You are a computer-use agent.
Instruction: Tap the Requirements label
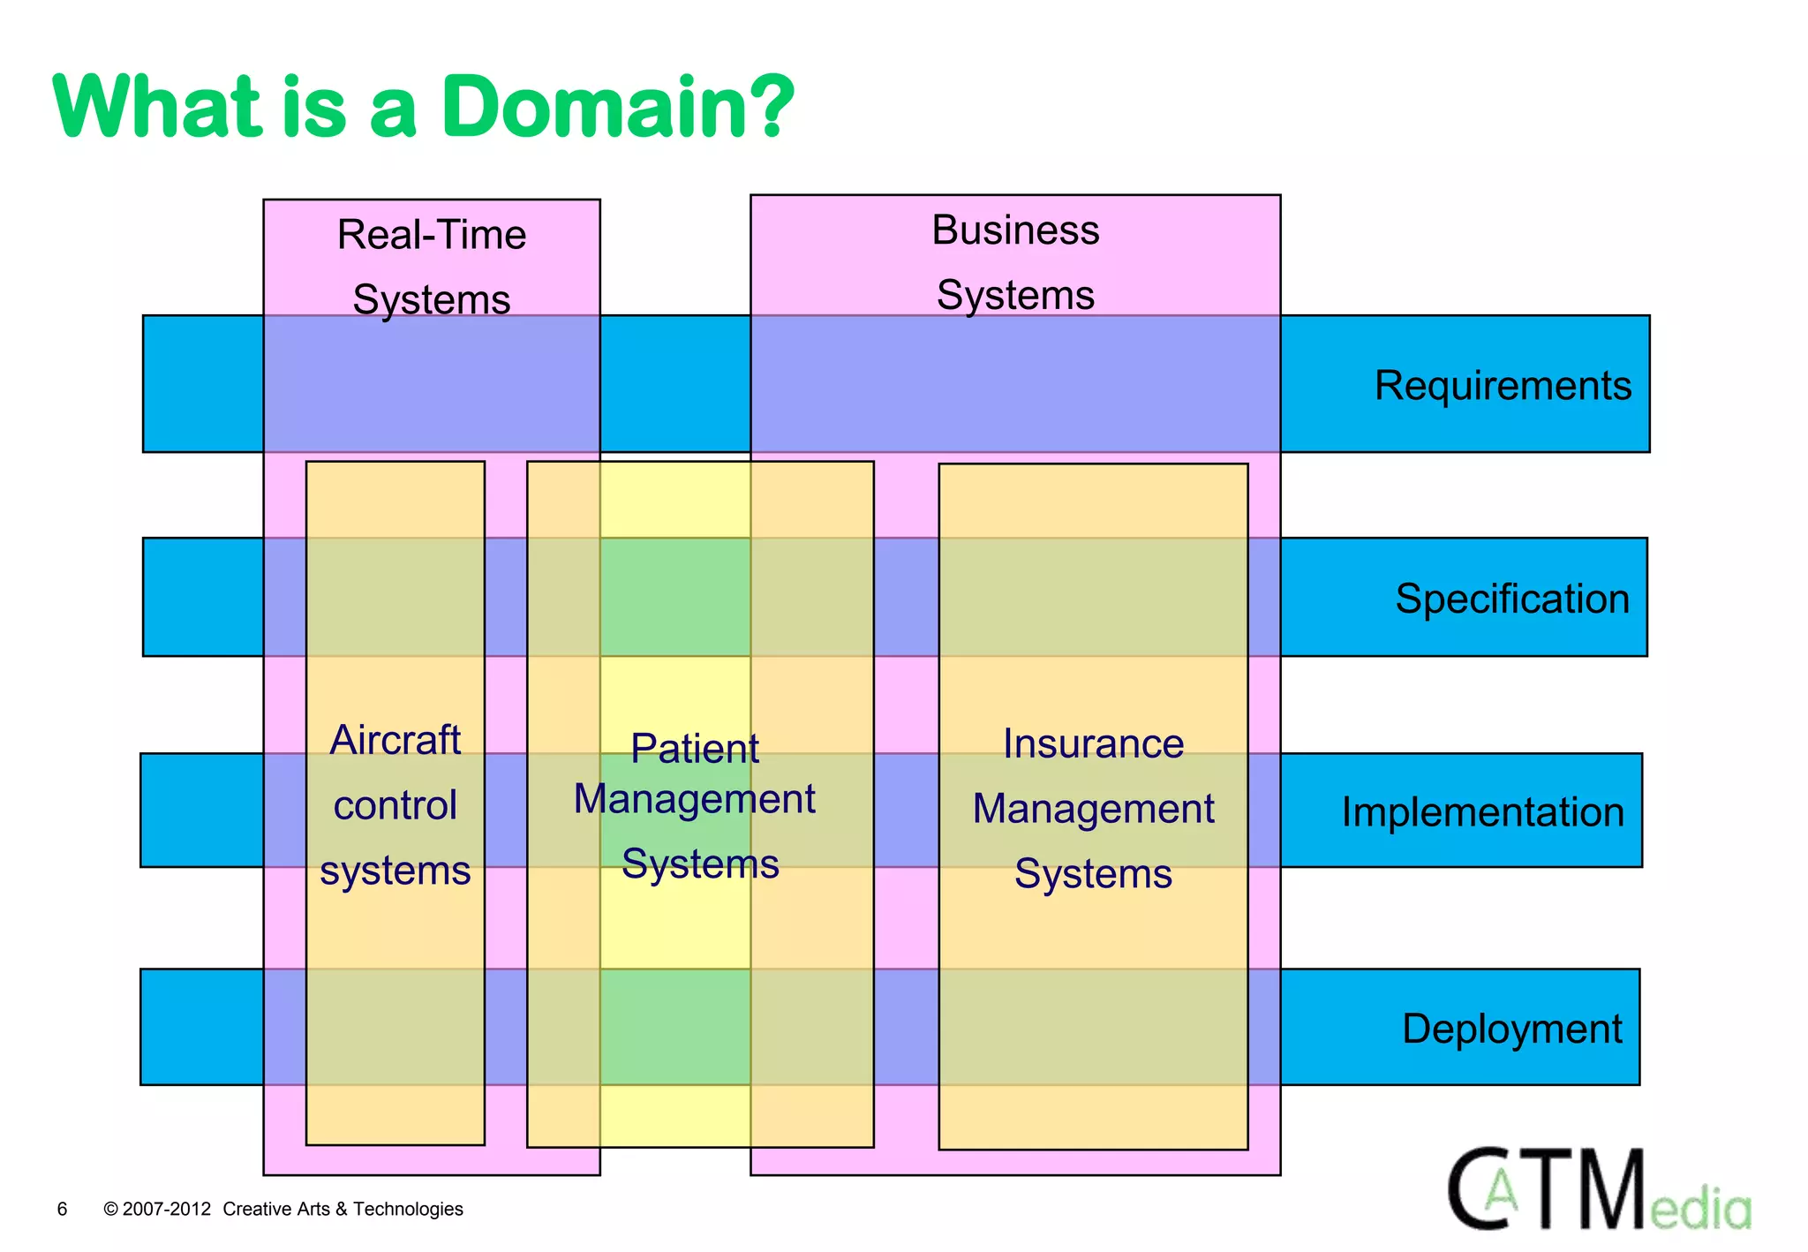click(x=1503, y=386)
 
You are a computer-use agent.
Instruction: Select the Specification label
click(x=1511, y=599)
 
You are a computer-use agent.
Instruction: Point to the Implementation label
click(x=1482, y=812)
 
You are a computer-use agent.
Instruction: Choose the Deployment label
click(x=1511, y=1029)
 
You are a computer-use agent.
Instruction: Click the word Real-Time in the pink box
click(x=432, y=235)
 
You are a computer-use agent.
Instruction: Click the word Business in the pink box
click(x=1015, y=230)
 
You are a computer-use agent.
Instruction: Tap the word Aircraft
click(x=395, y=740)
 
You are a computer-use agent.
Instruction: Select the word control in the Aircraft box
click(x=395, y=805)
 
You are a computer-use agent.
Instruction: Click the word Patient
click(x=695, y=749)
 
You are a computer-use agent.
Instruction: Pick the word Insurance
click(x=1093, y=743)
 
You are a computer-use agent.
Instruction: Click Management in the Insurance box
click(x=1093, y=809)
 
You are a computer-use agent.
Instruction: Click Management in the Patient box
click(x=695, y=799)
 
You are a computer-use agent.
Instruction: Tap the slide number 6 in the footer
click(x=62, y=1209)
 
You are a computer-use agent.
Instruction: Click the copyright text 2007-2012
click(x=166, y=1209)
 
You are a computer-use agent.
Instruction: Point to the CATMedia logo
click(x=1598, y=1190)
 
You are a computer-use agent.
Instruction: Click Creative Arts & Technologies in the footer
click(x=343, y=1209)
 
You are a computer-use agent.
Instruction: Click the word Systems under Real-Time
click(x=432, y=299)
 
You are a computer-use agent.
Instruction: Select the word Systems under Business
click(x=1015, y=295)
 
